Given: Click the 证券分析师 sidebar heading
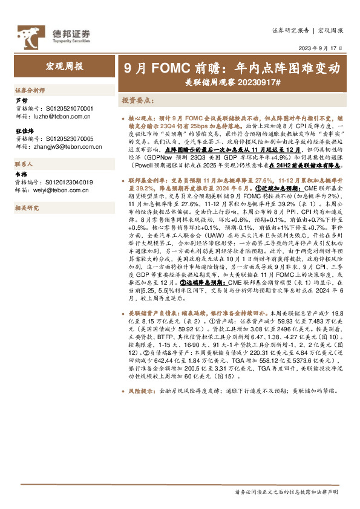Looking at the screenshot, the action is tap(30, 88).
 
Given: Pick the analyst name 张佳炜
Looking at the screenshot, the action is tap(25, 131).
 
